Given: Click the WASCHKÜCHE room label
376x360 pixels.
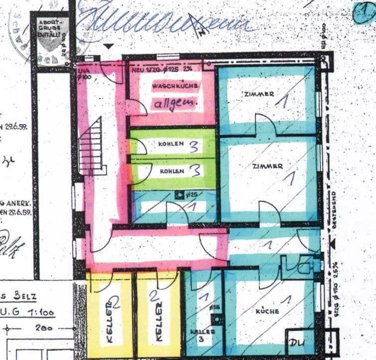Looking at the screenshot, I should click(x=176, y=87).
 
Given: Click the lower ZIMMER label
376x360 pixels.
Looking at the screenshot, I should click(x=268, y=166).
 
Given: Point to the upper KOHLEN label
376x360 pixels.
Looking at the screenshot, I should click(x=171, y=144).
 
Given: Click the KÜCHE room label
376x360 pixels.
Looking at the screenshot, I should click(x=267, y=311).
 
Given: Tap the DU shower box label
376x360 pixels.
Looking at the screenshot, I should click(x=298, y=343).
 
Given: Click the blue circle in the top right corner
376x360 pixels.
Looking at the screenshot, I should click(x=364, y=12).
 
